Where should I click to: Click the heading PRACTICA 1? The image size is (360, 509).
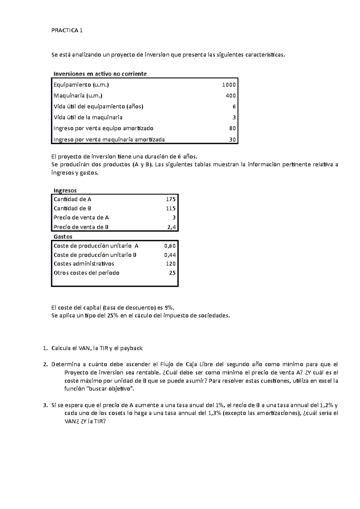click(67, 30)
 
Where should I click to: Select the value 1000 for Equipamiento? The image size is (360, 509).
click(229, 85)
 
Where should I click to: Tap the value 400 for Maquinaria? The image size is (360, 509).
click(231, 96)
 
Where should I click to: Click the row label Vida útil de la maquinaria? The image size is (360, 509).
click(88, 117)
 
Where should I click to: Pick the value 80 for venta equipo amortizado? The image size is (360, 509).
click(232, 128)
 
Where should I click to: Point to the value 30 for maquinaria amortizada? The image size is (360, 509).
click(232, 139)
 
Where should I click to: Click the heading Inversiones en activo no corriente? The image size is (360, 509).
click(100, 74)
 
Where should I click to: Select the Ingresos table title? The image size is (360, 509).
click(65, 191)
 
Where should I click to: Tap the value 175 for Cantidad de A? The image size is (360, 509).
click(171, 199)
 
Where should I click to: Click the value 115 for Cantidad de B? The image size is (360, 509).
click(171, 208)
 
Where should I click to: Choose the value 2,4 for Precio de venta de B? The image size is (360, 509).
click(172, 227)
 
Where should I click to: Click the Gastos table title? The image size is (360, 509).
click(63, 237)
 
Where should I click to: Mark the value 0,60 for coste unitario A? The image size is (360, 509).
click(170, 246)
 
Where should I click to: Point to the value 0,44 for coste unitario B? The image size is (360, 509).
click(170, 255)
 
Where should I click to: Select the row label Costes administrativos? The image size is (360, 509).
click(84, 264)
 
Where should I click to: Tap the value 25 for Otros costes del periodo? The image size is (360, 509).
click(172, 273)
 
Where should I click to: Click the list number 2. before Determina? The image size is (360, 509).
click(45, 365)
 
